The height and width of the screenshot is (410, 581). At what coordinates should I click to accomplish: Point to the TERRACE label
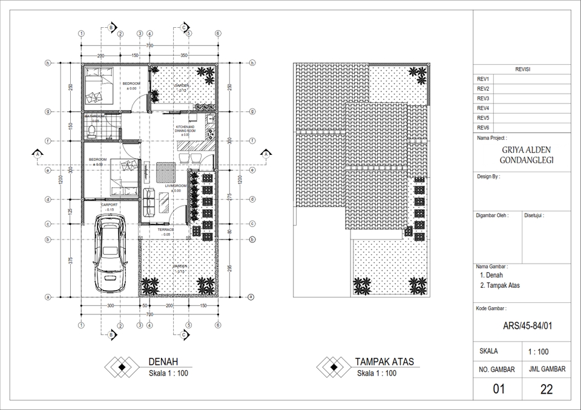[x=166, y=230]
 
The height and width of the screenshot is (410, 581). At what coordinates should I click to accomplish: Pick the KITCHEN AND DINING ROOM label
[x=185, y=129]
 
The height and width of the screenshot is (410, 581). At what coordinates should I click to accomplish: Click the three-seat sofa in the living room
[x=149, y=203]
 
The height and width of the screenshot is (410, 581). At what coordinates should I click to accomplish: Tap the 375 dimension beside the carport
[x=71, y=261]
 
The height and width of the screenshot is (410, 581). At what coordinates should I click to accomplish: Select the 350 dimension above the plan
[x=184, y=55]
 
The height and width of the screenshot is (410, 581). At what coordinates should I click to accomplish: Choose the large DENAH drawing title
[x=163, y=362]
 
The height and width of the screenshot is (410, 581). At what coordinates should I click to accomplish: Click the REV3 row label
[x=483, y=99]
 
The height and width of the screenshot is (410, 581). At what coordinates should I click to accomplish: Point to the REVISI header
[x=522, y=70]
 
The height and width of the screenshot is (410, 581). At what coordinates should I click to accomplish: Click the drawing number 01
[x=498, y=389]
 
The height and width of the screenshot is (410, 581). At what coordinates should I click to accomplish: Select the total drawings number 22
[x=546, y=389]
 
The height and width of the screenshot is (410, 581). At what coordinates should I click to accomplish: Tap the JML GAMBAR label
[x=547, y=369]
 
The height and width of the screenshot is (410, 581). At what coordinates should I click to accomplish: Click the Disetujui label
[x=534, y=215]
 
